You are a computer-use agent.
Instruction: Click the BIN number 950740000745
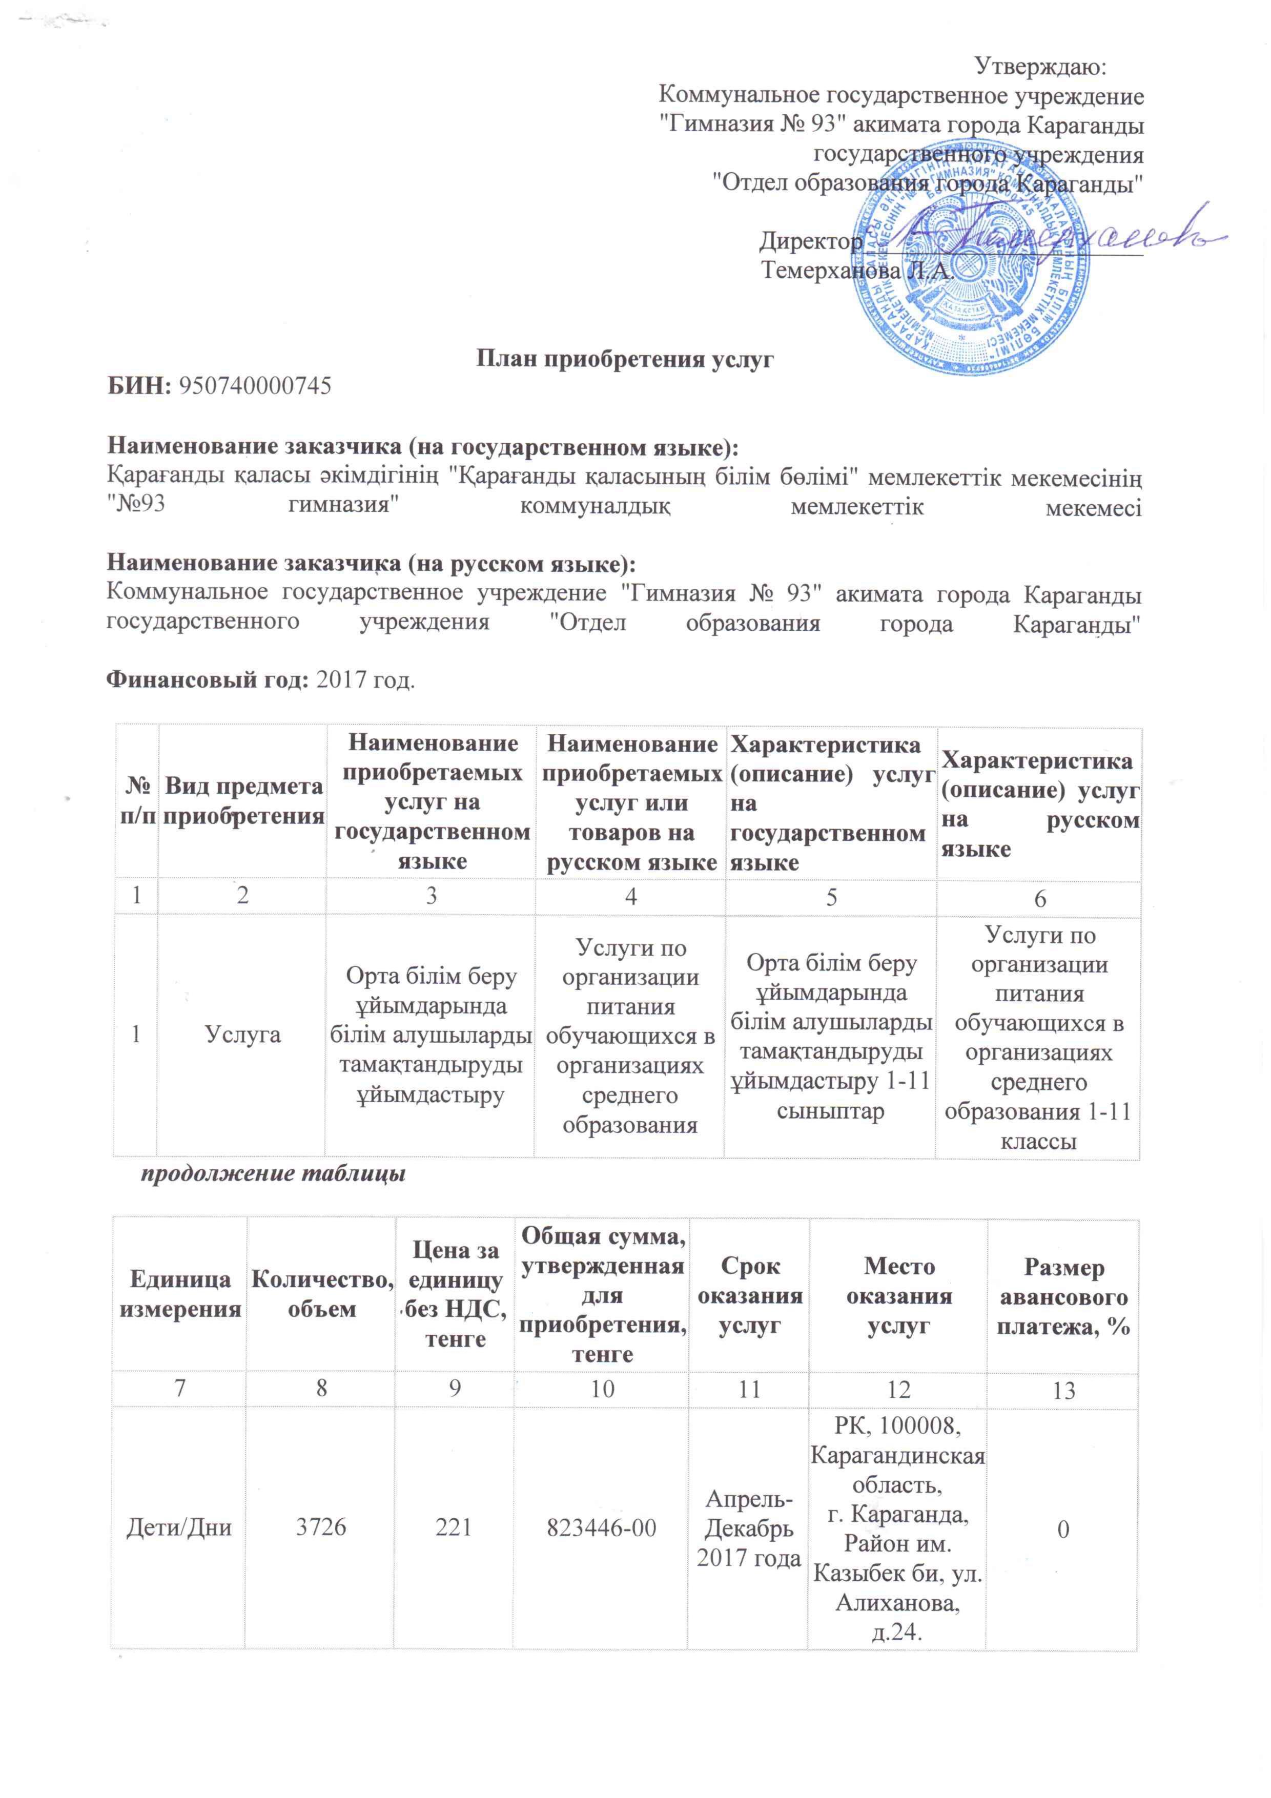point(255,385)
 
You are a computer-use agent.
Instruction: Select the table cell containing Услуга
point(243,1035)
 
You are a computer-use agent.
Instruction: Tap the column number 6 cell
point(1039,898)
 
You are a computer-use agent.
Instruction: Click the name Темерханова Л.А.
point(857,271)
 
